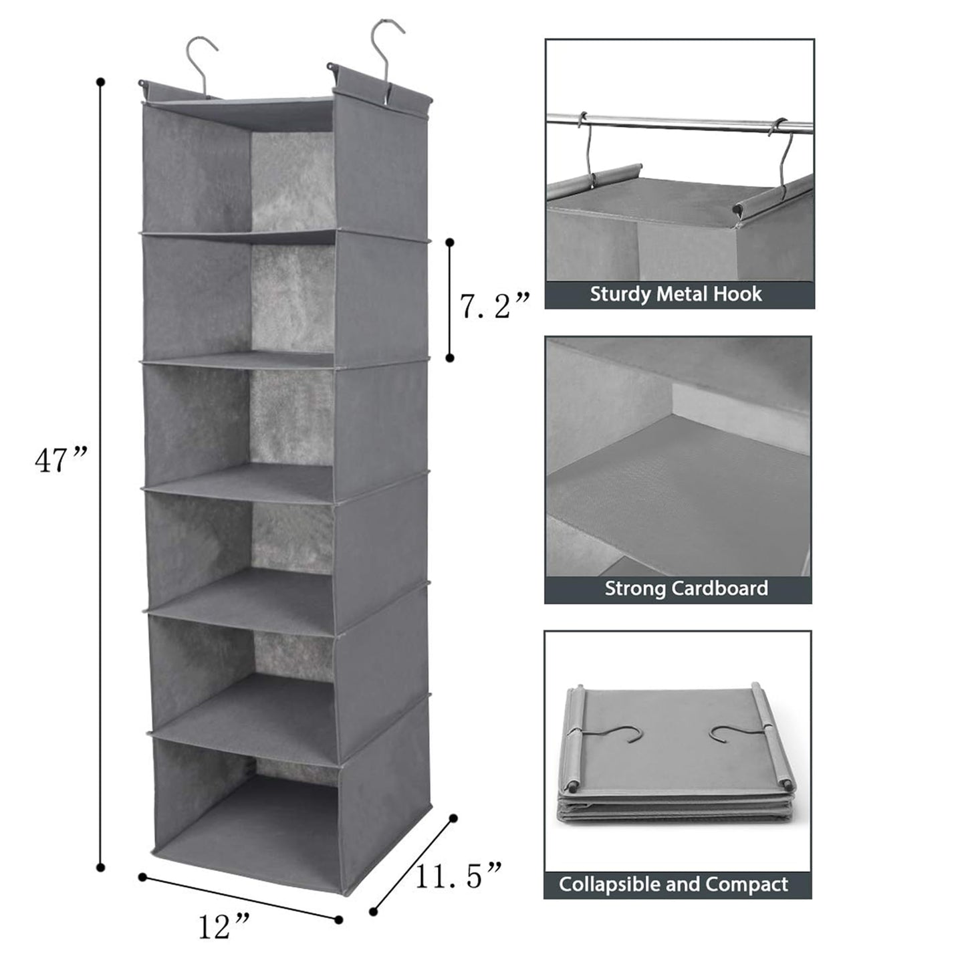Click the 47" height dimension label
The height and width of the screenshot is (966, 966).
tap(60, 460)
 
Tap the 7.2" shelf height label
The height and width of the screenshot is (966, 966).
tap(494, 306)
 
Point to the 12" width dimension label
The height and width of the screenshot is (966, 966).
tap(224, 926)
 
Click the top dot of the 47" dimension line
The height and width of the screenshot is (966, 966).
tap(101, 82)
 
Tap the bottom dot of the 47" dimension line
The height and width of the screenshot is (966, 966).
tap(101, 868)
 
